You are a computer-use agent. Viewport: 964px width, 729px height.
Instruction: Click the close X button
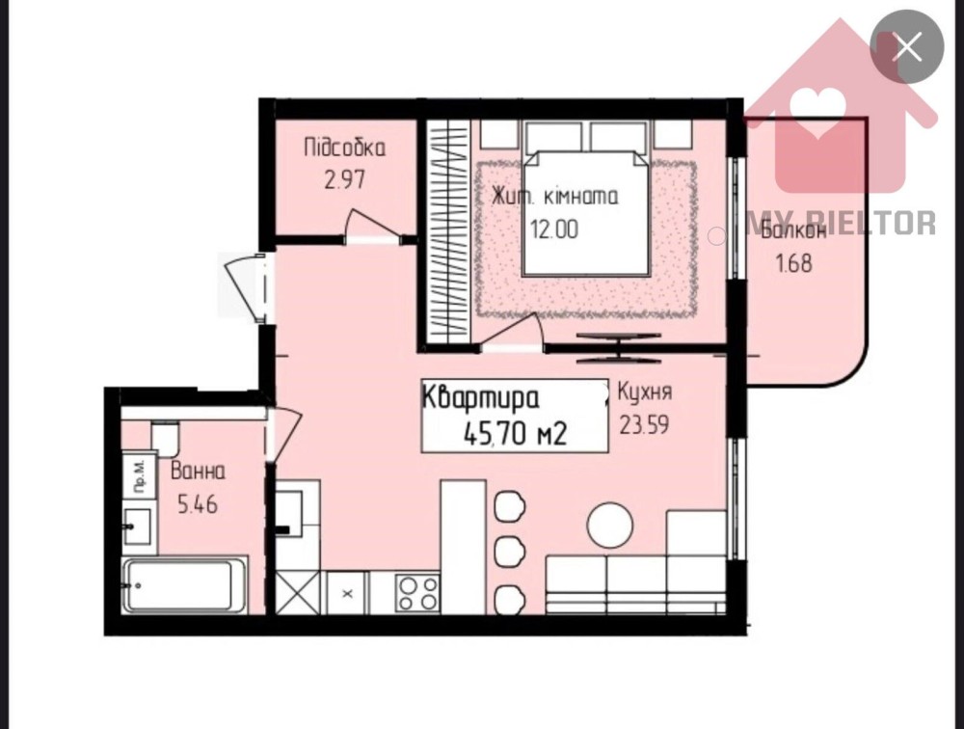[907, 47]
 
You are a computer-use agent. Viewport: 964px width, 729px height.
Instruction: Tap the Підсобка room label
[345, 148]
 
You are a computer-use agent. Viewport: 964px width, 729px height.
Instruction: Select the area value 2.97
[345, 179]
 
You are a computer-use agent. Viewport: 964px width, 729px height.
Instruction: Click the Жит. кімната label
[554, 197]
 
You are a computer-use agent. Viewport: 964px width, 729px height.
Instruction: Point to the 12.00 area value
[554, 229]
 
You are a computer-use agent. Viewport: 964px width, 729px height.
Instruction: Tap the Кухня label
[644, 391]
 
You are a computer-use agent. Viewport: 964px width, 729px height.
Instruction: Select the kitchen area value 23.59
[644, 424]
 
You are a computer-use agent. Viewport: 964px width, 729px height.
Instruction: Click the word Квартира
[481, 398]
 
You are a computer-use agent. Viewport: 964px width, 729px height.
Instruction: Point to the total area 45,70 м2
[515, 435]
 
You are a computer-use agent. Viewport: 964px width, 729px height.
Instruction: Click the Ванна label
[198, 472]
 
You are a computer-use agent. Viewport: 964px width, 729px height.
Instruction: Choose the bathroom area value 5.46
[198, 505]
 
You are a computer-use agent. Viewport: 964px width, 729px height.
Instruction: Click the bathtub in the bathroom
[184, 585]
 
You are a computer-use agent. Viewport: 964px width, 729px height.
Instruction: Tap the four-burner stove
[417, 592]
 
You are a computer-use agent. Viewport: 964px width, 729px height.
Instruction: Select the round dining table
[610, 525]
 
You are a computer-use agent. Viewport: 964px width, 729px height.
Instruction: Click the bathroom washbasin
[137, 526]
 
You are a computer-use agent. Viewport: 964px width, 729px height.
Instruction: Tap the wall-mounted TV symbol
[619, 347]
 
